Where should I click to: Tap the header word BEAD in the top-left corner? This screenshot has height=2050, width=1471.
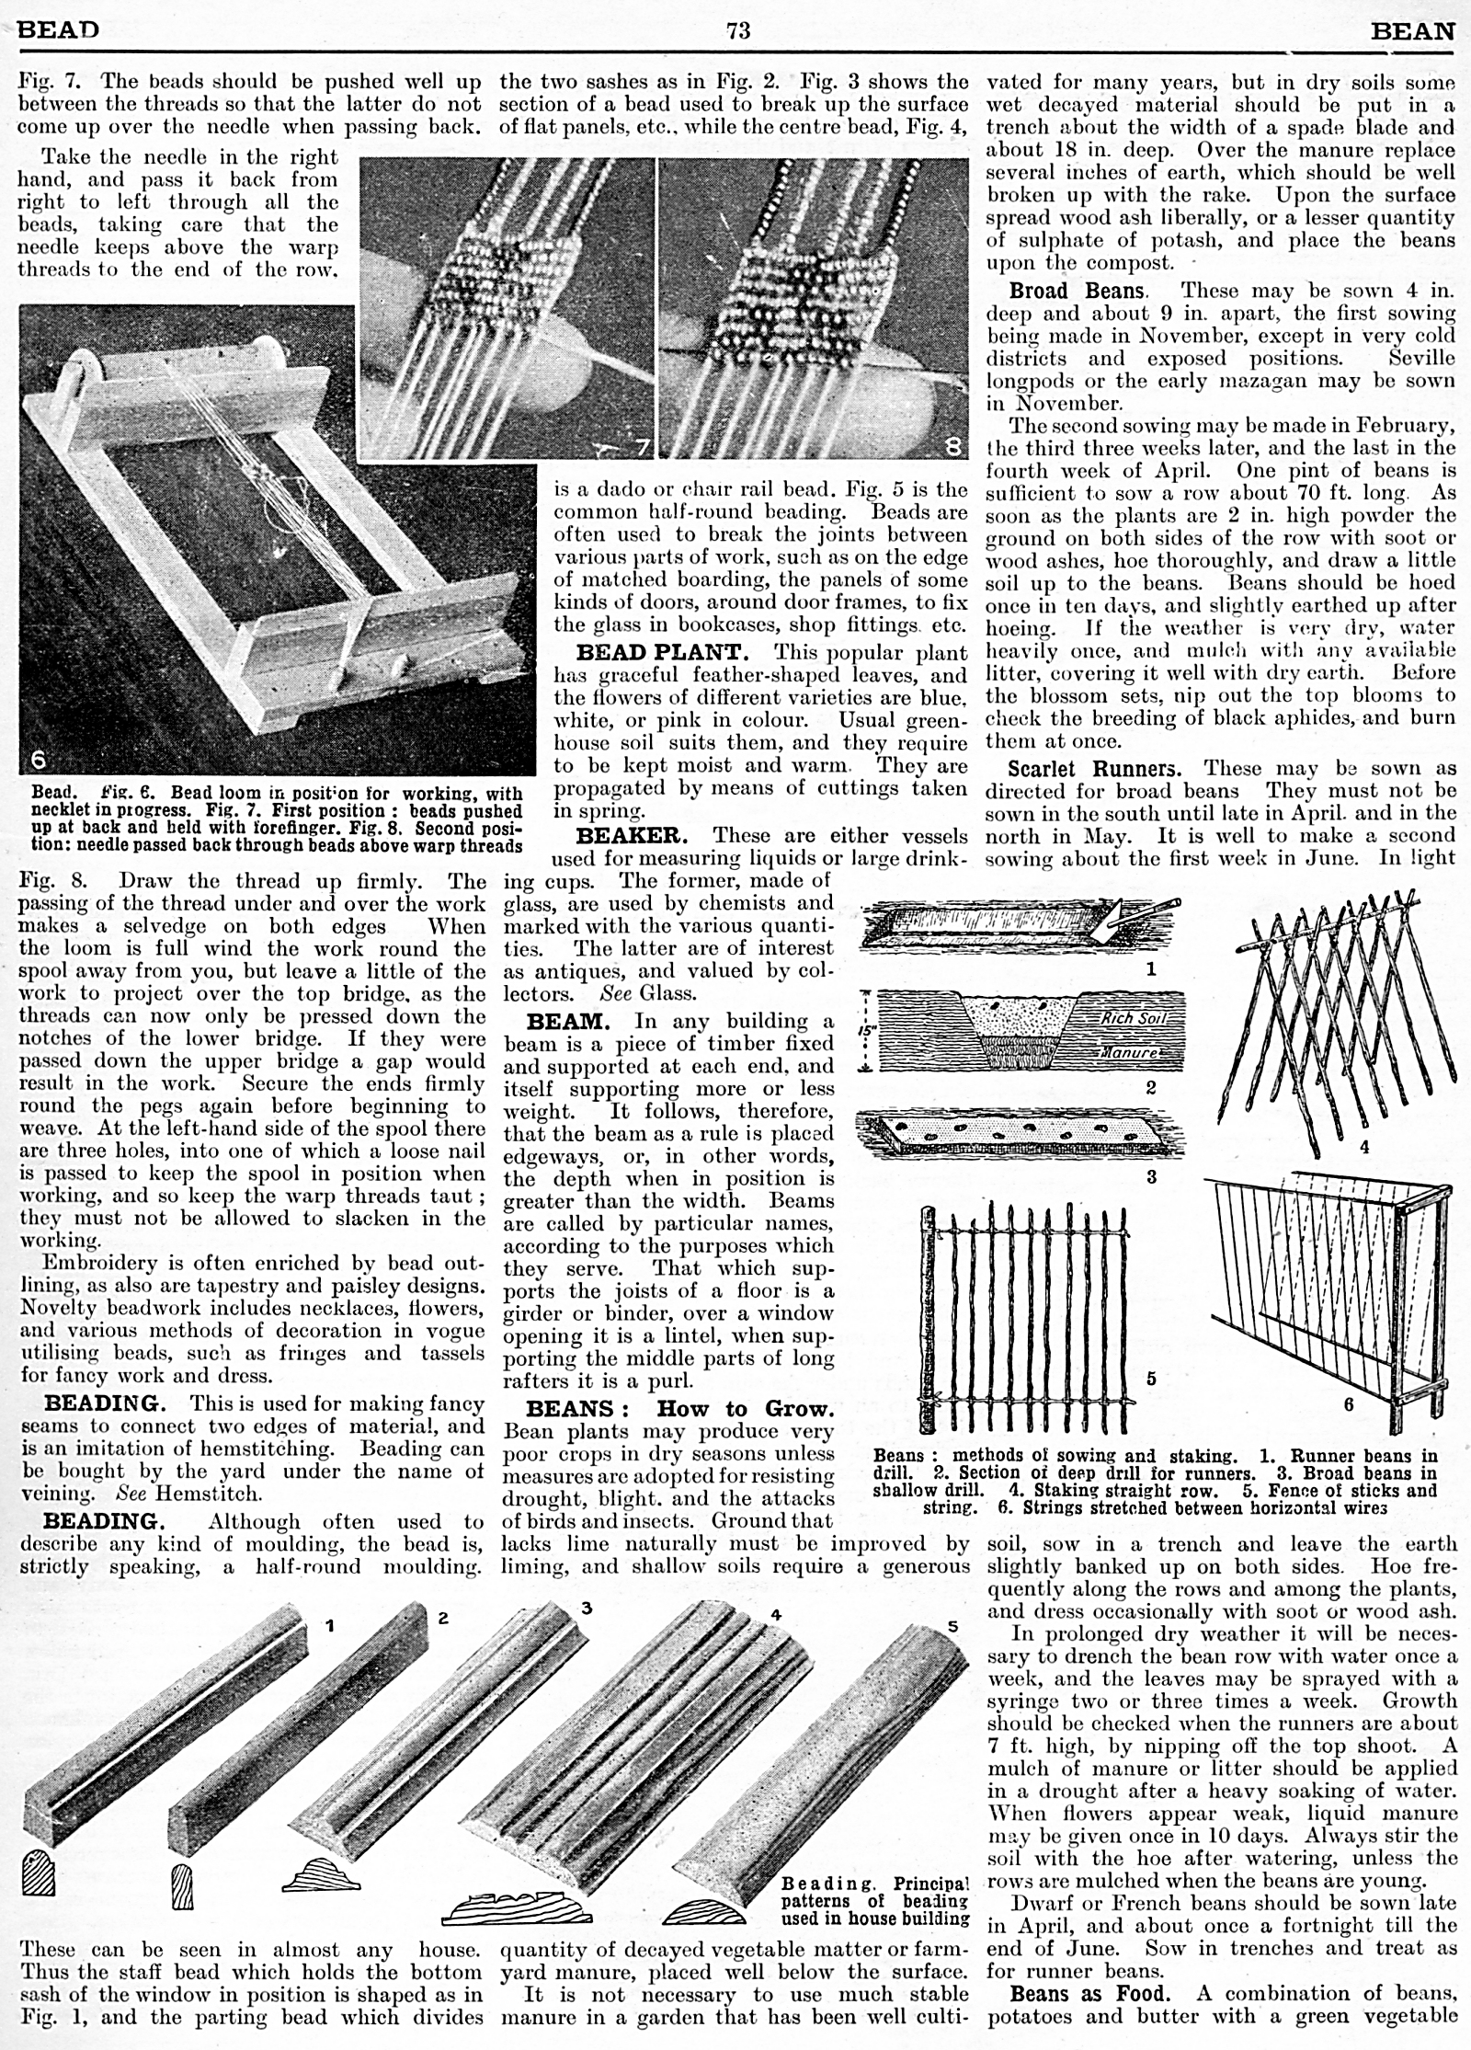(58, 29)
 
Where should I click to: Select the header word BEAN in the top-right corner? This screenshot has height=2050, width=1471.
(1413, 31)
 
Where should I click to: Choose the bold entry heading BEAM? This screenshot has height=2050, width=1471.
(567, 1021)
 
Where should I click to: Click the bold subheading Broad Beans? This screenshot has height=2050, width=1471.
(1077, 292)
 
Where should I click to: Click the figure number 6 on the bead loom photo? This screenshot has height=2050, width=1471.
(38, 760)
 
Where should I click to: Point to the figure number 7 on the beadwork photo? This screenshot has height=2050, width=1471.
(642, 447)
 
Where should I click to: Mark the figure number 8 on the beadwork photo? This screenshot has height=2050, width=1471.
(956, 448)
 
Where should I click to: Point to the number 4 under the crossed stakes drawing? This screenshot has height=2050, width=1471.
(1365, 1148)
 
